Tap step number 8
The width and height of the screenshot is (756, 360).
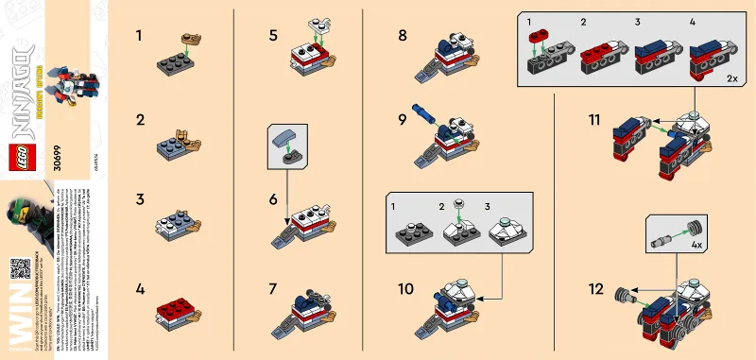point(403,36)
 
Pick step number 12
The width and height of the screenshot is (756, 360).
point(595,289)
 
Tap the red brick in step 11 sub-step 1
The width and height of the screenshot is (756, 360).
point(540,39)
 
